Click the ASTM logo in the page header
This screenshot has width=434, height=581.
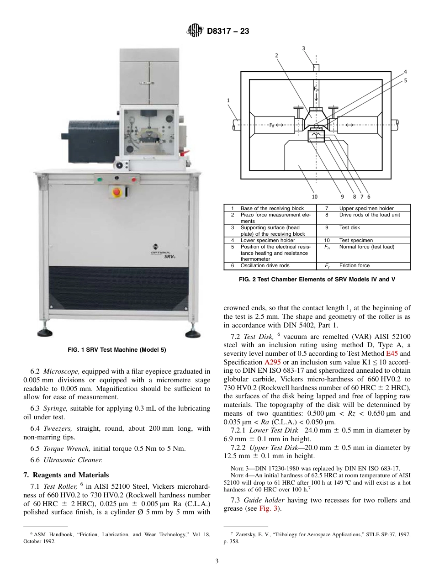(196, 31)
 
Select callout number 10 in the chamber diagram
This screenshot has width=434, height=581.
(314, 196)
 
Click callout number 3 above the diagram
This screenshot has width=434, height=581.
(304, 48)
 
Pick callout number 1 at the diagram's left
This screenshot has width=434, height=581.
(228, 100)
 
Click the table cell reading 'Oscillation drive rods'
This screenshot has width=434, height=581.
(265, 265)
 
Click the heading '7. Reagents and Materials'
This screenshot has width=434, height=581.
(66, 475)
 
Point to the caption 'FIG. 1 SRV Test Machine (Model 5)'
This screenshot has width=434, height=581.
(116, 350)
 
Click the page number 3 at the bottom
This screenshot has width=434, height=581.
(217, 561)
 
